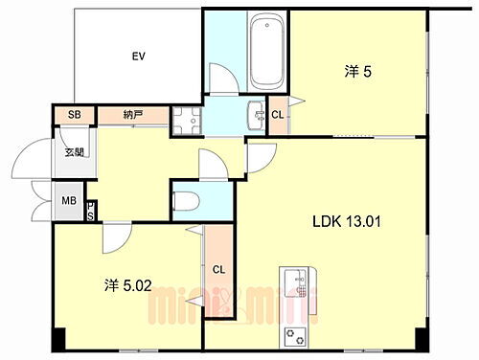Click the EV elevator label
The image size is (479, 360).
point(138,55)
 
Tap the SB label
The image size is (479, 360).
point(74,115)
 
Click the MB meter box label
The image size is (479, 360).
point(69,201)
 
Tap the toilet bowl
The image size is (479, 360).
point(188,201)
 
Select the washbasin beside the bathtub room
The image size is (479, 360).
point(257,115)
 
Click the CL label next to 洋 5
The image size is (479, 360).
point(278,115)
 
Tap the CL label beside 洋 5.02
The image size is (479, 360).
point(218,269)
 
